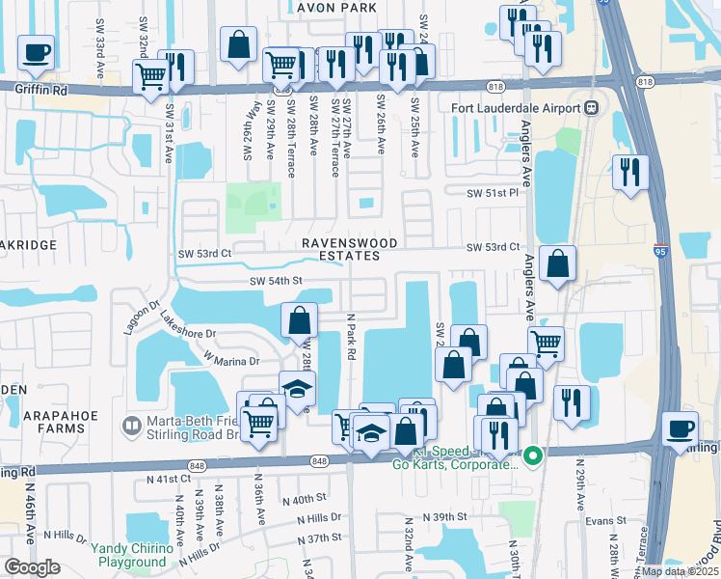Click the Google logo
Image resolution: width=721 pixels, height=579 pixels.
33,567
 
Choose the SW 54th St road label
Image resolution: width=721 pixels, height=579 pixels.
277,281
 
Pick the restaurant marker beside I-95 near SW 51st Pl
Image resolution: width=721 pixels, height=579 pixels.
630,172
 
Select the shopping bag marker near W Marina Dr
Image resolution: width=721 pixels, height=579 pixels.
300,318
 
